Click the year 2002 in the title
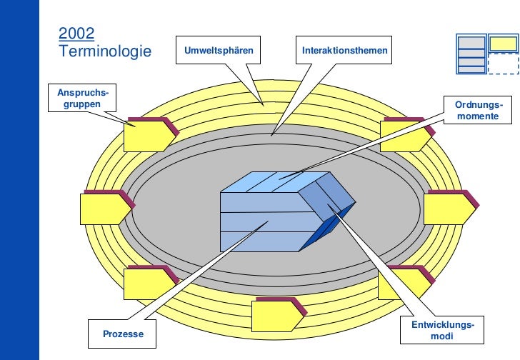[x=76, y=33]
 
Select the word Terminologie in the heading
[x=105, y=51]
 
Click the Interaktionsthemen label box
[x=344, y=51]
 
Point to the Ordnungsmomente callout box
[x=478, y=111]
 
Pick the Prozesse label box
[x=123, y=334]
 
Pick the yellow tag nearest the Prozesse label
[x=146, y=283]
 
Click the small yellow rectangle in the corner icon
[x=503, y=44]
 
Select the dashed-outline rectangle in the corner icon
[x=503, y=64]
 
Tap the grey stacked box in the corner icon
[x=471, y=54]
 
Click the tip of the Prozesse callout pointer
[x=267, y=223]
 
